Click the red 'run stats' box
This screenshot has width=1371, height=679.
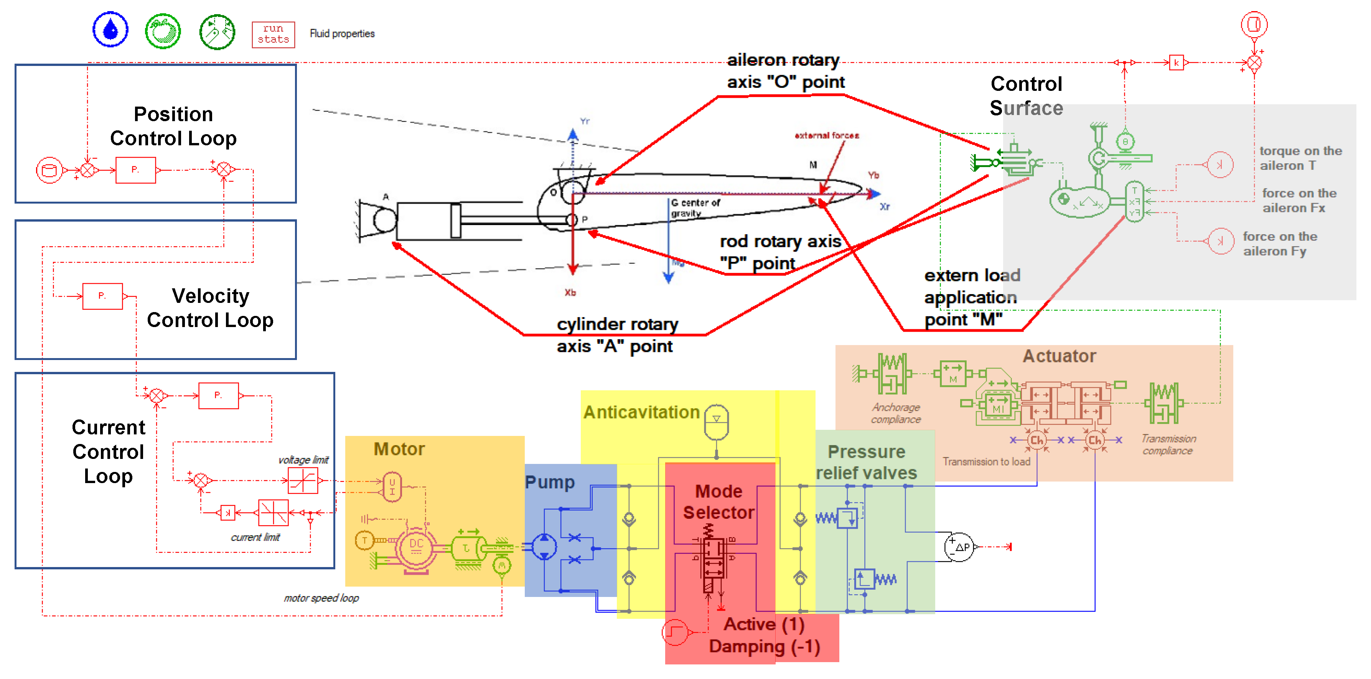click(273, 34)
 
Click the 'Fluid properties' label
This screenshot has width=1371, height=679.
click(342, 33)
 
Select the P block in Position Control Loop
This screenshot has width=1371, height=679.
click(136, 170)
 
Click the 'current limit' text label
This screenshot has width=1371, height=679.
click(255, 537)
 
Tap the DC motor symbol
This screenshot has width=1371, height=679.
click(416, 546)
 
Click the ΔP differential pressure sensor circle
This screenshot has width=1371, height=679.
click(959, 546)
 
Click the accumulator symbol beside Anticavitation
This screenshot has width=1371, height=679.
click(716, 423)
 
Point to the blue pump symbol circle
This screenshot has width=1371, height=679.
click(544, 546)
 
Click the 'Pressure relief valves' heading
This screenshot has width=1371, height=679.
click(867, 462)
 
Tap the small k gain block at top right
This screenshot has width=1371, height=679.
click(1176, 63)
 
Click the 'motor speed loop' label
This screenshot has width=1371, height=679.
click(321, 598)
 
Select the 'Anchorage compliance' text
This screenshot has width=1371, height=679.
click(896, 413)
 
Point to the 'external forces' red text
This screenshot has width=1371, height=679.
click(827, 135)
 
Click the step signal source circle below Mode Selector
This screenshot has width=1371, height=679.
click(675, 632)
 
